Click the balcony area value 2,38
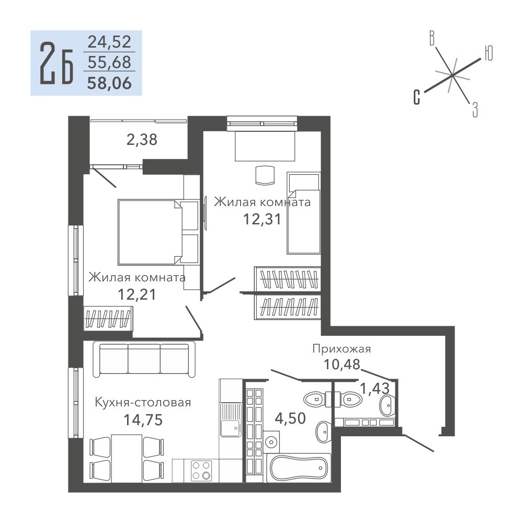tap(142, 140)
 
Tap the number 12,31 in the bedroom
tap(262, 219)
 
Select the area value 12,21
tap(137, 294)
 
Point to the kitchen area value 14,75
tap(143, 419)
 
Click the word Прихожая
tap(342, 349)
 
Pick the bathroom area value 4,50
tap(290, 418)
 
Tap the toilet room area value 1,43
tap(375, 388)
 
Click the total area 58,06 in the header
tap(109, 83)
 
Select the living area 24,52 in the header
tap(109, 42)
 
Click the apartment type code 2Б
tap(56, 63)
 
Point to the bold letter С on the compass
tap(417, 97)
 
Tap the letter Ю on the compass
tap(488, 53)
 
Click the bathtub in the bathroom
tap(299, 468)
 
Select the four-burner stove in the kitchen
tap(201, 470)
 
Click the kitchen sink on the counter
tap(231, 419)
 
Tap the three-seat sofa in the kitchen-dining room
tap(144, 359)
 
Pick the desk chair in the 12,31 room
tap(265, 175)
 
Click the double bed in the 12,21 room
tap(158, 232)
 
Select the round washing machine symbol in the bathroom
tap(271, 442)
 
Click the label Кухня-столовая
tap(143, 403)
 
